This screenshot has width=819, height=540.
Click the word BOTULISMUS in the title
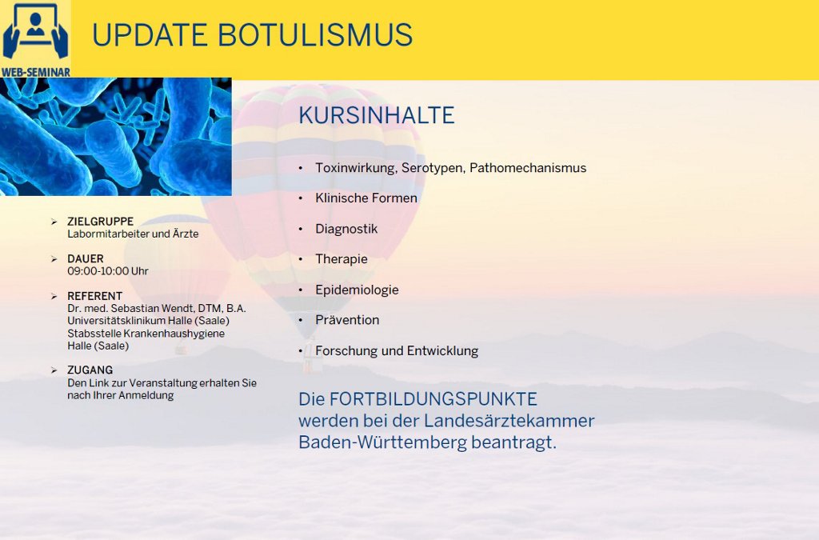click(x=315, y=35)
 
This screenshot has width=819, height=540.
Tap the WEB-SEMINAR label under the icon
click(x=35, y=72)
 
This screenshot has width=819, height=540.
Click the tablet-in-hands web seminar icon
click(x=35, y=32)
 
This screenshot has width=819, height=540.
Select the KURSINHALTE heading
click(x=376, y=115)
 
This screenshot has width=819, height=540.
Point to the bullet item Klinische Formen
click(x=366, y=198)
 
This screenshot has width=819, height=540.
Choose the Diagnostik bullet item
click(x=346, y=229)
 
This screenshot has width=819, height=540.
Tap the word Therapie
click(x=342, y=259)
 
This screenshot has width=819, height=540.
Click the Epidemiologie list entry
click(x=357, y=290)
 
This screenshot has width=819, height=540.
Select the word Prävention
click(x=347, y=320)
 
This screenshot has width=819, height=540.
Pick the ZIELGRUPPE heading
click(x=100, y=222)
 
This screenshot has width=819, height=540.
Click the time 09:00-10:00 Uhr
click(x=108, y=271)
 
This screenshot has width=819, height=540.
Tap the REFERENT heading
click(x=94, y=296)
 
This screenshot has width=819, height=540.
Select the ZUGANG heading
click(x=90, y=370)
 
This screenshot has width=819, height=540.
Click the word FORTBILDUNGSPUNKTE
click(x=433, y=399)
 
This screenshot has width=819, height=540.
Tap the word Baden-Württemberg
click(x=383, y=442)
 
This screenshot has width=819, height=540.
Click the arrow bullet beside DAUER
click(x=54, y=259)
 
